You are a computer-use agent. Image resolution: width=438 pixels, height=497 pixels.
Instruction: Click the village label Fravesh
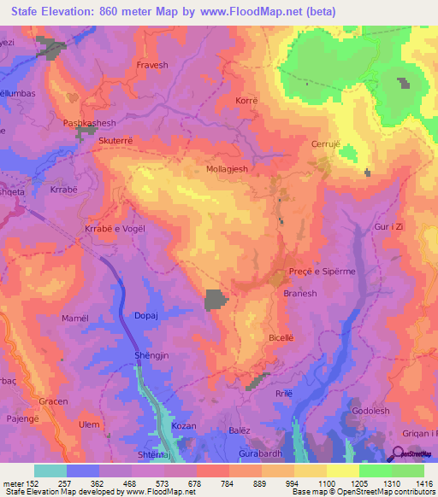(x=154, y=65)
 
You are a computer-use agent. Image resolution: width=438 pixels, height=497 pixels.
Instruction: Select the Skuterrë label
(x=118, y=140)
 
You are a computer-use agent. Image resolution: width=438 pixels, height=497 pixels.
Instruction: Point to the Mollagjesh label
(x=228, y=169)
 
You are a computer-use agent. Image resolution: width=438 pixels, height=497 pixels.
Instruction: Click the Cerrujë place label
(x=326, y=143)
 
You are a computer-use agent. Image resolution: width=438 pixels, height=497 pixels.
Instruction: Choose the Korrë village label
(x=246, y=101)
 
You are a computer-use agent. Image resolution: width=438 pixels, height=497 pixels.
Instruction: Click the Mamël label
(x=75, y=318)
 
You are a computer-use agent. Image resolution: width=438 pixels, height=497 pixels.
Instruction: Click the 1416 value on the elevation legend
(x=424, y=483)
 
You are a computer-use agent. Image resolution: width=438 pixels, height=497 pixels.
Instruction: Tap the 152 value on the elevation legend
(x=34, y=483)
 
